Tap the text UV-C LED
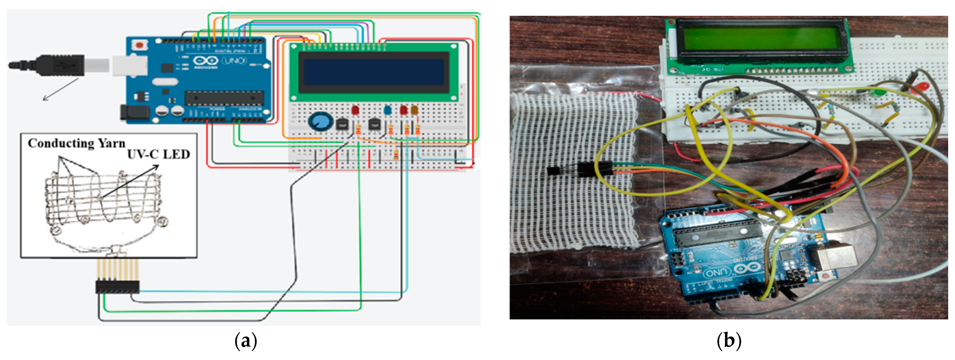[158, 154]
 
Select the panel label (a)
[245, 340]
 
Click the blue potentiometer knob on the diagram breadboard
[318, 122]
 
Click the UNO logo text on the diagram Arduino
[234, 60]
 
